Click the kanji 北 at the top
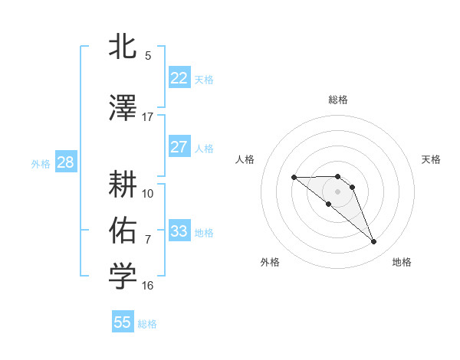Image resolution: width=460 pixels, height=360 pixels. pyautogui.click(x=123, y=48)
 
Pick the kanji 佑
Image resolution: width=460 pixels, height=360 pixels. pyautogui.click(x=123, y=231)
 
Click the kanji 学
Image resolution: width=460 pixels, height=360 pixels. pyautogui.click(x=123, y=277)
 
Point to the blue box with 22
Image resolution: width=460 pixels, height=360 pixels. pyautogui.click(x=179, y=78)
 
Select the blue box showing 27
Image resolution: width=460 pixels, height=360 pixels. pyautogui.click(x=179, y=148)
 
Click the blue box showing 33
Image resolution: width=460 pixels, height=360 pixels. pyautogui.click(x=179, y=231)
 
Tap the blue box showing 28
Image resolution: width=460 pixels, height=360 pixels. pyautogui.click(x=65, y=162)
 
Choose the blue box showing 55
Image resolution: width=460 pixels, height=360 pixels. pyautogui.click(x=123, y=322)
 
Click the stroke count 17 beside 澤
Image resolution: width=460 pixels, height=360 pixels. pyautogui.click(x=148, y=117)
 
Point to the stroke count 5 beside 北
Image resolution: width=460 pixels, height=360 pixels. pyautogui.click(x=148, y=56)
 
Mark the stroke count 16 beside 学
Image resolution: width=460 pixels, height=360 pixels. pyautogui.click(x=148, y=286)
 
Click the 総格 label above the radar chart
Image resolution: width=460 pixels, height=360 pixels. pyautogui.click(x=338, y=100)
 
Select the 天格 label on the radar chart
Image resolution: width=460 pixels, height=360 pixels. pyautogui.click(x=431, y=159)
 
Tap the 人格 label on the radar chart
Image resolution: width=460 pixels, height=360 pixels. pyautogui.click(x=245, y=159)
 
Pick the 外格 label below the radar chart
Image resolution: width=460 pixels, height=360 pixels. pyautogui.click(x=270, y=263)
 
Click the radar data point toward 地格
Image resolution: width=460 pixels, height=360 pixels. pyautogui.click(x=374, y=242)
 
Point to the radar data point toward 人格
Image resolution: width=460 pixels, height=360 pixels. pyautogui.click(x=294, y=177)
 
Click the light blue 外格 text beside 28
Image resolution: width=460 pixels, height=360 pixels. pyautogui.click(x=40, y=163)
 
